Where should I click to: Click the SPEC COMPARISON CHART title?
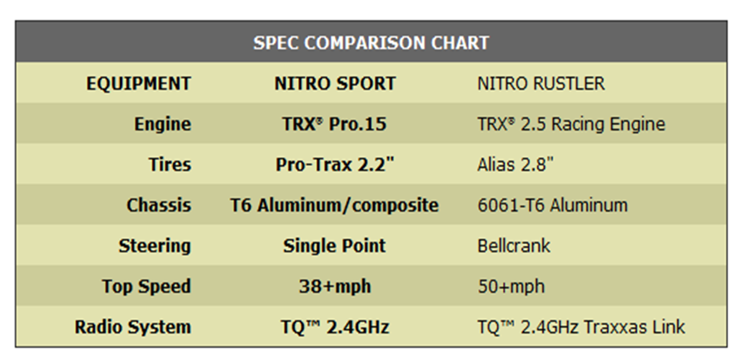pyautogui.click(x=371, y=43)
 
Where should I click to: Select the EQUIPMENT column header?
pyautogui.click(x=139, y=83)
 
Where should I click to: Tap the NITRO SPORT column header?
pyautogui.click(x=335, y=83)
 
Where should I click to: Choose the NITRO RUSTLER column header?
pyautogui.click(x=541, y=83)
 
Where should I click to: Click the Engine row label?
pyautogui.click(x=162, y=124)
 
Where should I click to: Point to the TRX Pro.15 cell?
pyautogui.click(x=334, y=124)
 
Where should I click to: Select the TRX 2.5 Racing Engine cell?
pyautogui.click(x=571, y=124)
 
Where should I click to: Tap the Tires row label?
pyautogui.click(x=170, y=165)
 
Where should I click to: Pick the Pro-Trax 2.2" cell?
pyautogui.click(x=335, y=165)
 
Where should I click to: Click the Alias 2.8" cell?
pyautogui.click(x=515, y=165)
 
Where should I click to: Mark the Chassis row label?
pyautogui.click(x=159, y=205)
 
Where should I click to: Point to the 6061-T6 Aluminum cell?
pyautogui.click(x=552, y=205)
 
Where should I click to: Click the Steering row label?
pyautogui.click(x=154, y=246)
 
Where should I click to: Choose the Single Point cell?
pyautogui.click(x=334, y=246)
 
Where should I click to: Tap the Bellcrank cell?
pyautogui.click(x=514, y=246)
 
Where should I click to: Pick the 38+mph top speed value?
pyautogui.click(x=335, y=287)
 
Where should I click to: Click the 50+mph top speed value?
pyautogui.click(x=511, y=287)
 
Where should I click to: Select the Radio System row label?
pyautogui.click(x=133, y=327)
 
